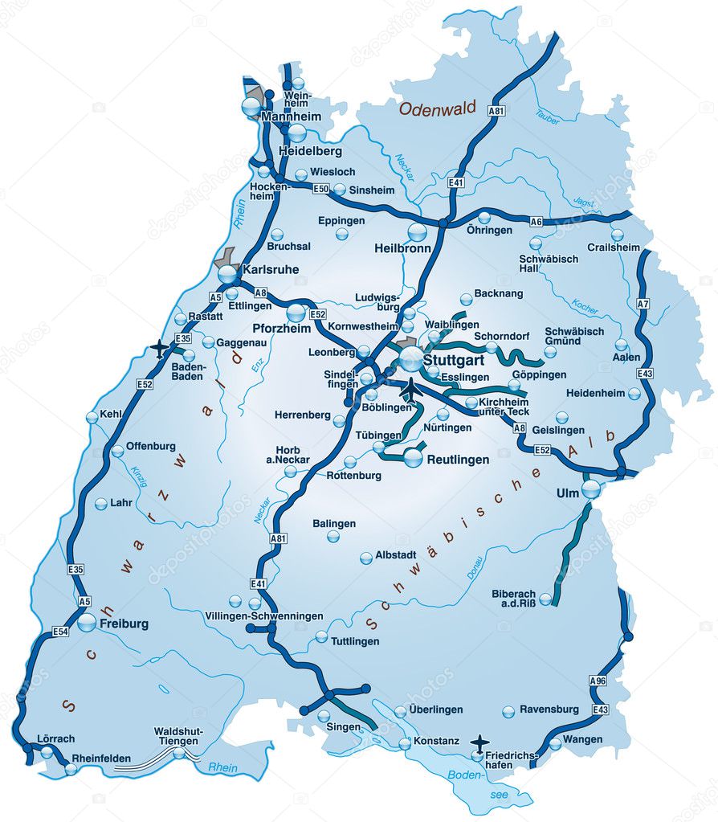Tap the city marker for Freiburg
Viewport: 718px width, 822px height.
click(x=87, y=623)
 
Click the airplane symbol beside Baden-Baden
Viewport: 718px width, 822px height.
click(x=159, y=348)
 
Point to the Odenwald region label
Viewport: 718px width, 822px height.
click(x=438, y=108)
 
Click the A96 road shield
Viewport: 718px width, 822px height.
click(x=597, y=681)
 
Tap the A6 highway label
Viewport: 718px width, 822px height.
click(x=536, y=221)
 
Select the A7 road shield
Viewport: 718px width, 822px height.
click(x=643, y=305)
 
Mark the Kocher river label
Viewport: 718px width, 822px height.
click(x=585, y=305)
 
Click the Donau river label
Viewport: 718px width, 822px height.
click(x=475, y=567)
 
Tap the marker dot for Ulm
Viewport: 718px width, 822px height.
click(x=590, y=487)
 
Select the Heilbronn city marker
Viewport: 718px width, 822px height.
click(x=418, y=232)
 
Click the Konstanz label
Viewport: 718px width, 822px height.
click(x=436, y=741)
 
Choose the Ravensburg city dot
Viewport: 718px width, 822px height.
click(x=508, y=712)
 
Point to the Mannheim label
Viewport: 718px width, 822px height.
click(x=291, y=117)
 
